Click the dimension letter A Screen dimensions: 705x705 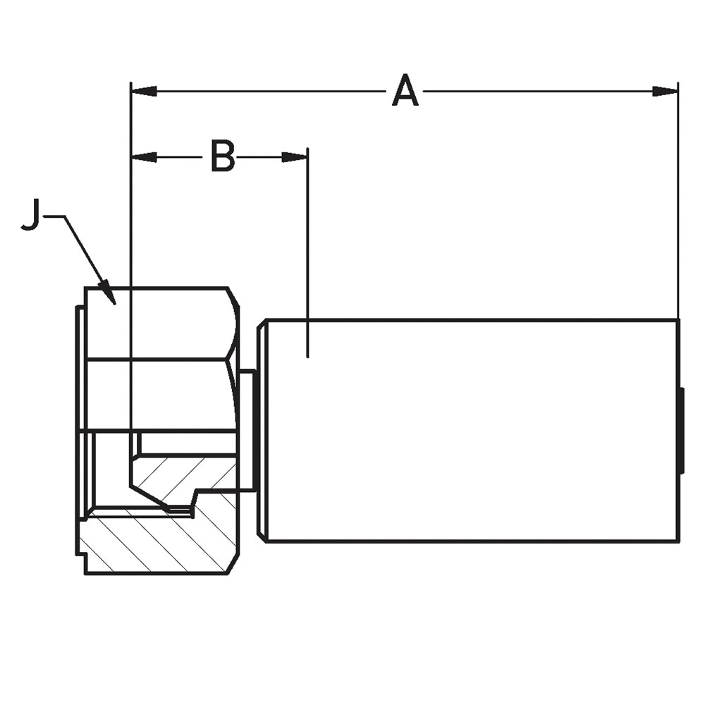coord(405,90)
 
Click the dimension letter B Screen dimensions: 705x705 coord(223,157)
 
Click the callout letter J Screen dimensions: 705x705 coord(30,215)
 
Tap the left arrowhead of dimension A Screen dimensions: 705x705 coord(143,92)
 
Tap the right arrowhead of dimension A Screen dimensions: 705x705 coord(665,92)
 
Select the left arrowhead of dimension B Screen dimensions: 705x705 coord(143,157)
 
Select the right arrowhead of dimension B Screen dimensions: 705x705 coord(295,157)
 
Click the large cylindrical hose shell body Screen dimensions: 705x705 coord(472,431)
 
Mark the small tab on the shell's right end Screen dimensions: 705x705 coord(682,430)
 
